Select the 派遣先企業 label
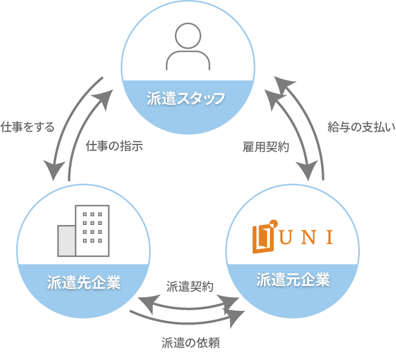(x=83, y=282)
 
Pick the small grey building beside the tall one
(x=66, y=240)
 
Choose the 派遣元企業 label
(x=293, y=279)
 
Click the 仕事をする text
(x=27, y=127)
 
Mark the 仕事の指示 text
(x=114, y=145)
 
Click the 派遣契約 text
(x=190, y=287)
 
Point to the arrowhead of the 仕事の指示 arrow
(x=107, y=95)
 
